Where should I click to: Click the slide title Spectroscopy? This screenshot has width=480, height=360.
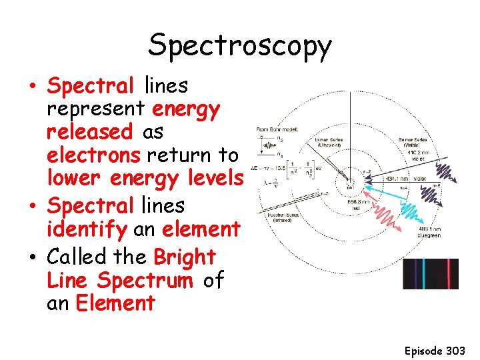coord(240,45)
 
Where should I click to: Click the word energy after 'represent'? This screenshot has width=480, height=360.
coord(186,109)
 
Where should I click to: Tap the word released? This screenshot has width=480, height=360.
coord(90,132)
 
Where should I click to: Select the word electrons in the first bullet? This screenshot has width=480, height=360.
coord(94,155)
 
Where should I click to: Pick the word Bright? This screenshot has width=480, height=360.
coord(185,257)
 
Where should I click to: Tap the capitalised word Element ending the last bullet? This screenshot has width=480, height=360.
coord(115,304)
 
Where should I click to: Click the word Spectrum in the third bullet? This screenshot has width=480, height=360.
coord(148,281)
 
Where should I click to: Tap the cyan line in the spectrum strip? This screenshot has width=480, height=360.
coord(423,274)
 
